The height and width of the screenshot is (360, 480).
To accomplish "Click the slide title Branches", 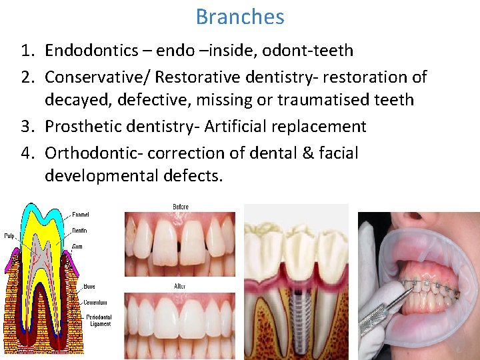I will (240, 17).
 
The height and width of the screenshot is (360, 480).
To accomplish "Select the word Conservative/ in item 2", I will (97, 77).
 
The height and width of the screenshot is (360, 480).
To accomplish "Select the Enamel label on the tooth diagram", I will (81, 215).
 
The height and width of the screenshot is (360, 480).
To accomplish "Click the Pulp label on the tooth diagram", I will (9, 235).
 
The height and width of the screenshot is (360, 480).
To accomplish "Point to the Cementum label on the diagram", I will (96, 302).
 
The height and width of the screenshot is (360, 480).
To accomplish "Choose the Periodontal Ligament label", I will (98, 320).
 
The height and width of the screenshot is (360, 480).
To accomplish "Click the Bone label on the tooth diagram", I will (89, 287).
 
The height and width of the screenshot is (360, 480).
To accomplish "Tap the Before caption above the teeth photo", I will (180, 207).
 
